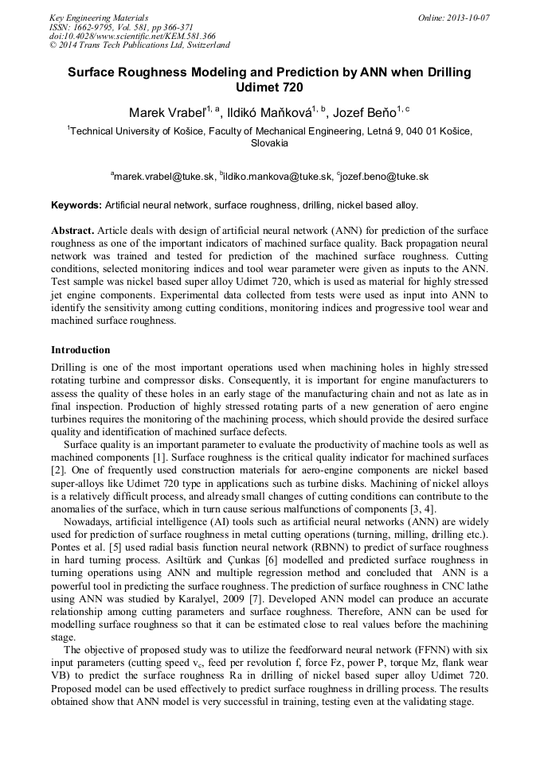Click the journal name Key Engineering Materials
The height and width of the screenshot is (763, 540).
(100, 17)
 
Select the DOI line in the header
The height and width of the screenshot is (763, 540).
(132, 36)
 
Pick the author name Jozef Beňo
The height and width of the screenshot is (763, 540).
(367, 113)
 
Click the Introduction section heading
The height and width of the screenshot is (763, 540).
(80, 350)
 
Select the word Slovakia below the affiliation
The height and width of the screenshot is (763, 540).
(269, 144)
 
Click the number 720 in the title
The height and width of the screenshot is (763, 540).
(290, 87)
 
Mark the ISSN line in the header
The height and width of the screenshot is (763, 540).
(121, 26)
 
